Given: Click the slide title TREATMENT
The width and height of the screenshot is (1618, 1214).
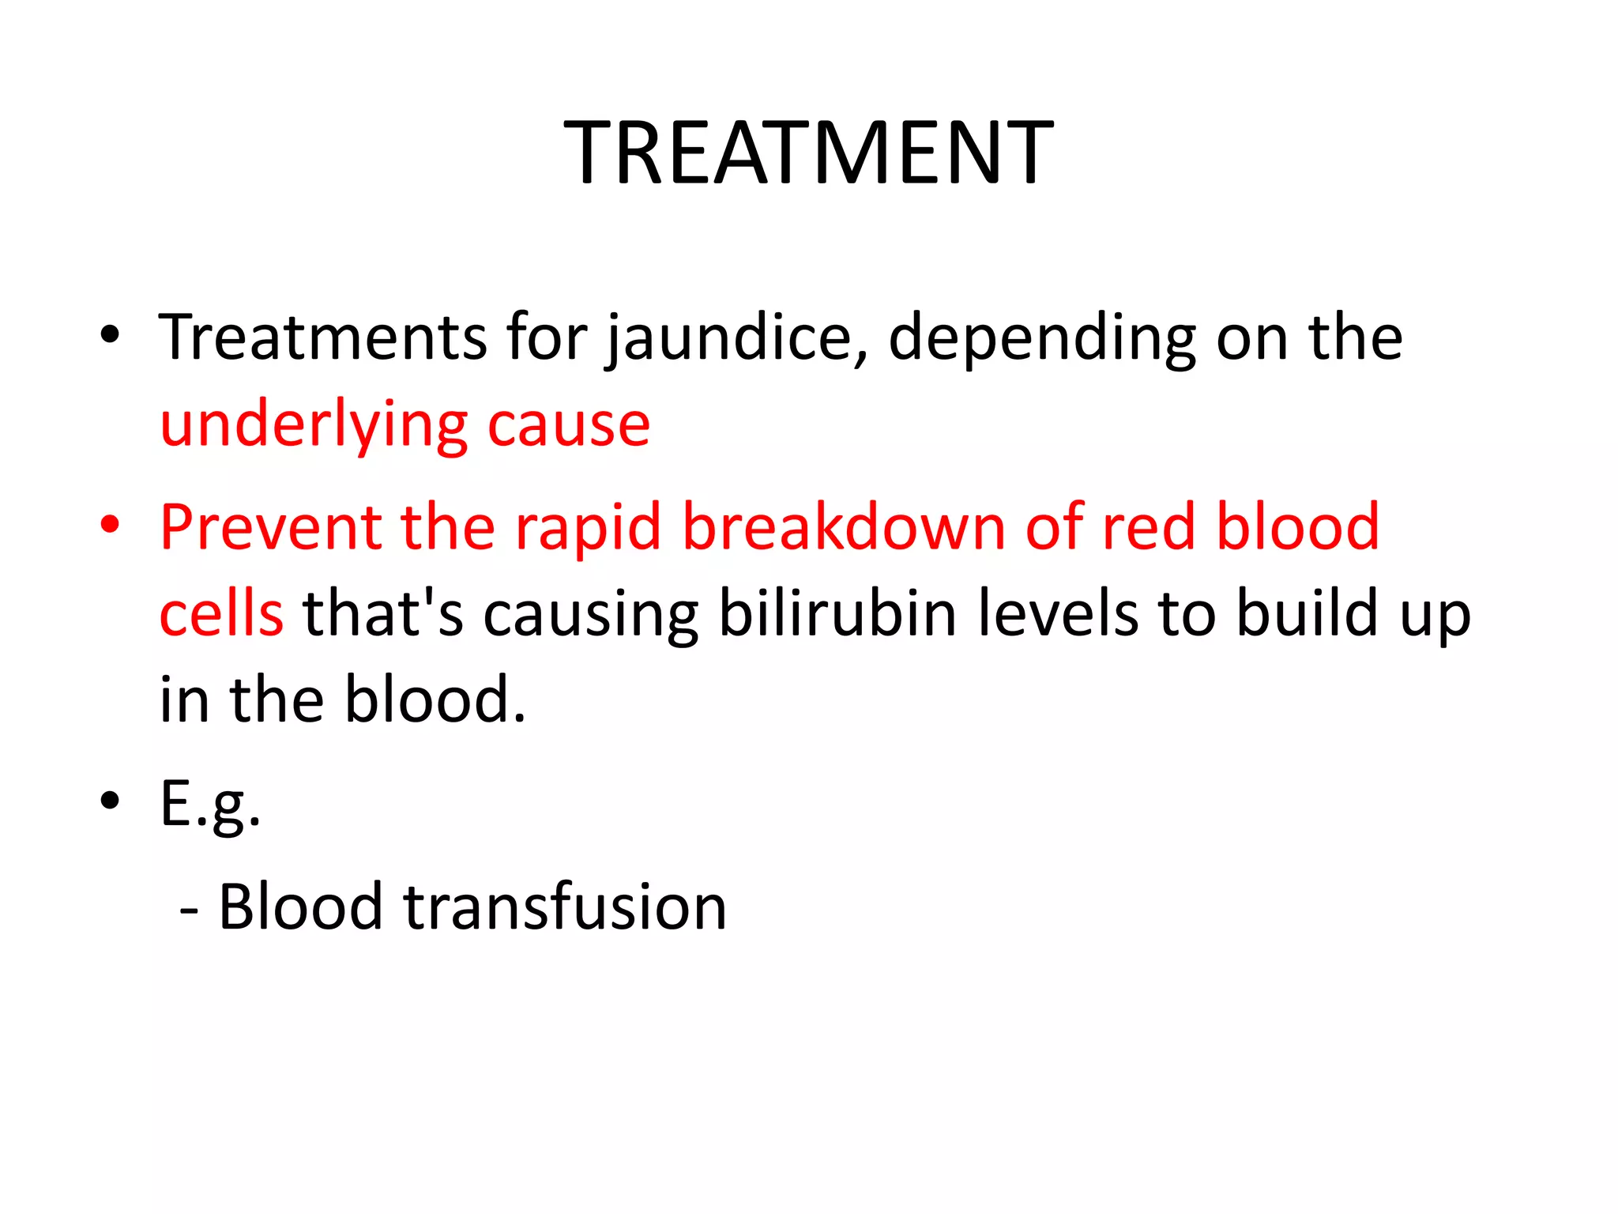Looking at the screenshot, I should pos(808,153).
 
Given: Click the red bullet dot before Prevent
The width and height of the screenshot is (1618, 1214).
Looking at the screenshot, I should pos(110,524).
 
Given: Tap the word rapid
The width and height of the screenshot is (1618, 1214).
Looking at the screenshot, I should pos(588,527).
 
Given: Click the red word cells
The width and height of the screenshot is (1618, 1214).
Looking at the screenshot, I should pos(221,614).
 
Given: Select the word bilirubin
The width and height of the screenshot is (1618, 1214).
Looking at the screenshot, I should pos(837,614).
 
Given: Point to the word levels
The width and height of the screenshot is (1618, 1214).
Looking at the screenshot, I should pos(1059,614).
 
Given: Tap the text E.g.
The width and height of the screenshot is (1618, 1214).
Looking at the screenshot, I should pos(210,805).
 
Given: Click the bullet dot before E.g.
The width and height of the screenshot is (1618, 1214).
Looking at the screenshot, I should pos(110,800).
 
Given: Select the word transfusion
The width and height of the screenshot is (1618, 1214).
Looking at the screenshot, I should pos(564,907).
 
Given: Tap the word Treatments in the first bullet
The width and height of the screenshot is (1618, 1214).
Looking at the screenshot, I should pos(322,338).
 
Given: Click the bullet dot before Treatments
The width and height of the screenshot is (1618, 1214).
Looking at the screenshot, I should pos(110,334).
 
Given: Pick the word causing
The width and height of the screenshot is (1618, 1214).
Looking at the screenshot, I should pos(591,614).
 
